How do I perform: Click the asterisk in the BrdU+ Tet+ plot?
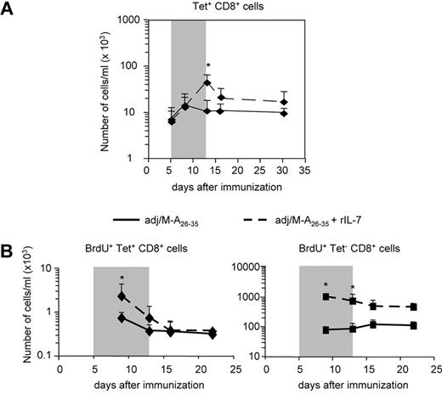pyautogui.click(x=122, y=279)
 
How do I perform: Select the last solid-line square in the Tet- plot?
pyautogui.click(x=413, y=325)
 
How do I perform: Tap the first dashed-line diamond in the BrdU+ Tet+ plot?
pyautogui.click(x=122, y=296)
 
